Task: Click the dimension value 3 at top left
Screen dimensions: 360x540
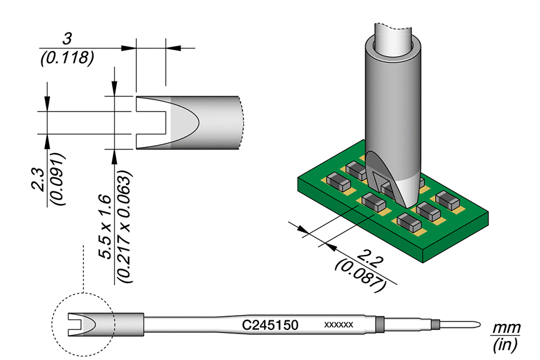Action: pyautogui.click(x=68, y=39)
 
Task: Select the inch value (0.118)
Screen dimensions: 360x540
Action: pyautogui.click(x=68, y=58)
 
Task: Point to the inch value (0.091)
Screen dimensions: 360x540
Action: pyautogui.click(x=58, y=179)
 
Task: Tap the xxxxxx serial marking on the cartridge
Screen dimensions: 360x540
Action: pyautogui.click(x=338, y=325)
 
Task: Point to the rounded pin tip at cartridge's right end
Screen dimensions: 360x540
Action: pyautogui.click(x=474, y=325)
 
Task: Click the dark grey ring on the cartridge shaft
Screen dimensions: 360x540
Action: pyautogui.click(x=379, y=325)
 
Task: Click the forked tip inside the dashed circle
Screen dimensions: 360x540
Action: pyautogui.click(x=84, y=325)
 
